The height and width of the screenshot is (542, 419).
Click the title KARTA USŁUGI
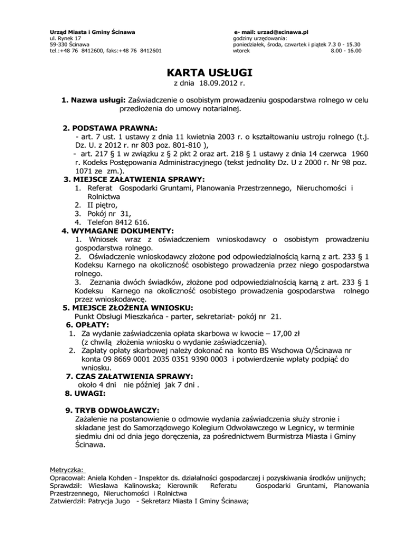point(209,73)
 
